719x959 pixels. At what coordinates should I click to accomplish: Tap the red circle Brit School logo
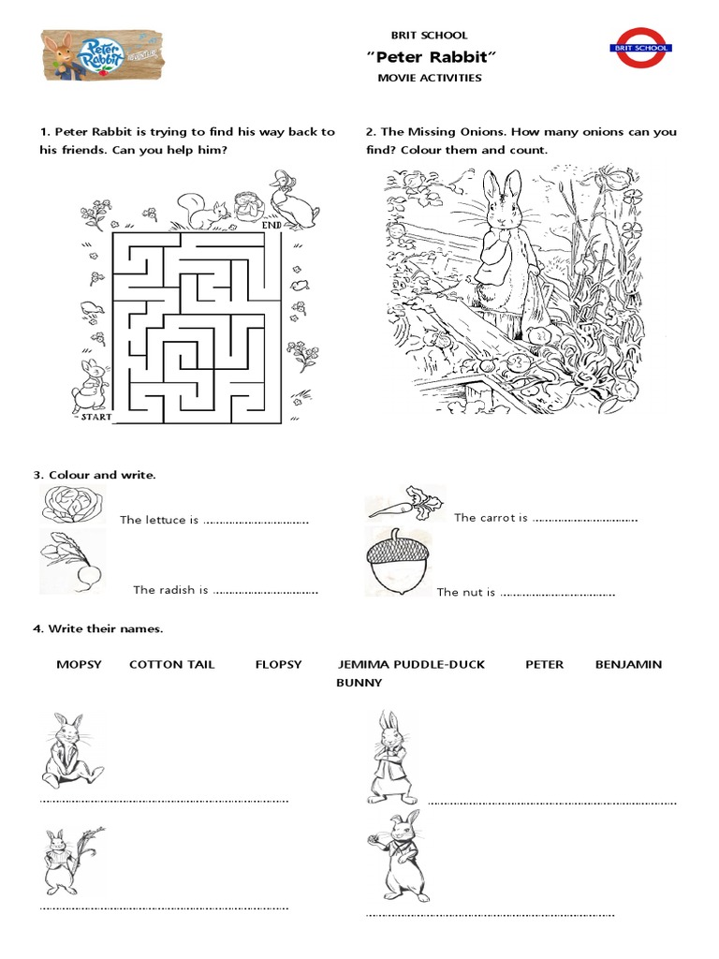(639, 48)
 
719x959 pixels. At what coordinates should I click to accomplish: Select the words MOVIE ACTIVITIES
(429, 78)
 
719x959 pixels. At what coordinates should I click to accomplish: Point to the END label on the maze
(272, 226)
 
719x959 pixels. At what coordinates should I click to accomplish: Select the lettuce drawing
(69, 507)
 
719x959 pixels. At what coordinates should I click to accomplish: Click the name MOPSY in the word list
(78, 664)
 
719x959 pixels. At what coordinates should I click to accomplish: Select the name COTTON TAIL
(171, 664)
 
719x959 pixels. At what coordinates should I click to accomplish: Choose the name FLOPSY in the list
(278, 664)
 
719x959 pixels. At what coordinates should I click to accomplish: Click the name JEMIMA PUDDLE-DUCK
(411, 664)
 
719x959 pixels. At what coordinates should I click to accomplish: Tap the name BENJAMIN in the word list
(628, 664)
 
